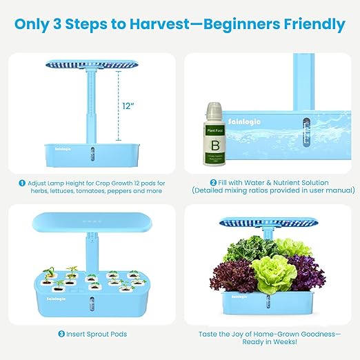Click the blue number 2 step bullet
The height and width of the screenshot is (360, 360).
214,183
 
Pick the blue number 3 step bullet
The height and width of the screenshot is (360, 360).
61,334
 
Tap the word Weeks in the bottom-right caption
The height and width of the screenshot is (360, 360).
284,343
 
